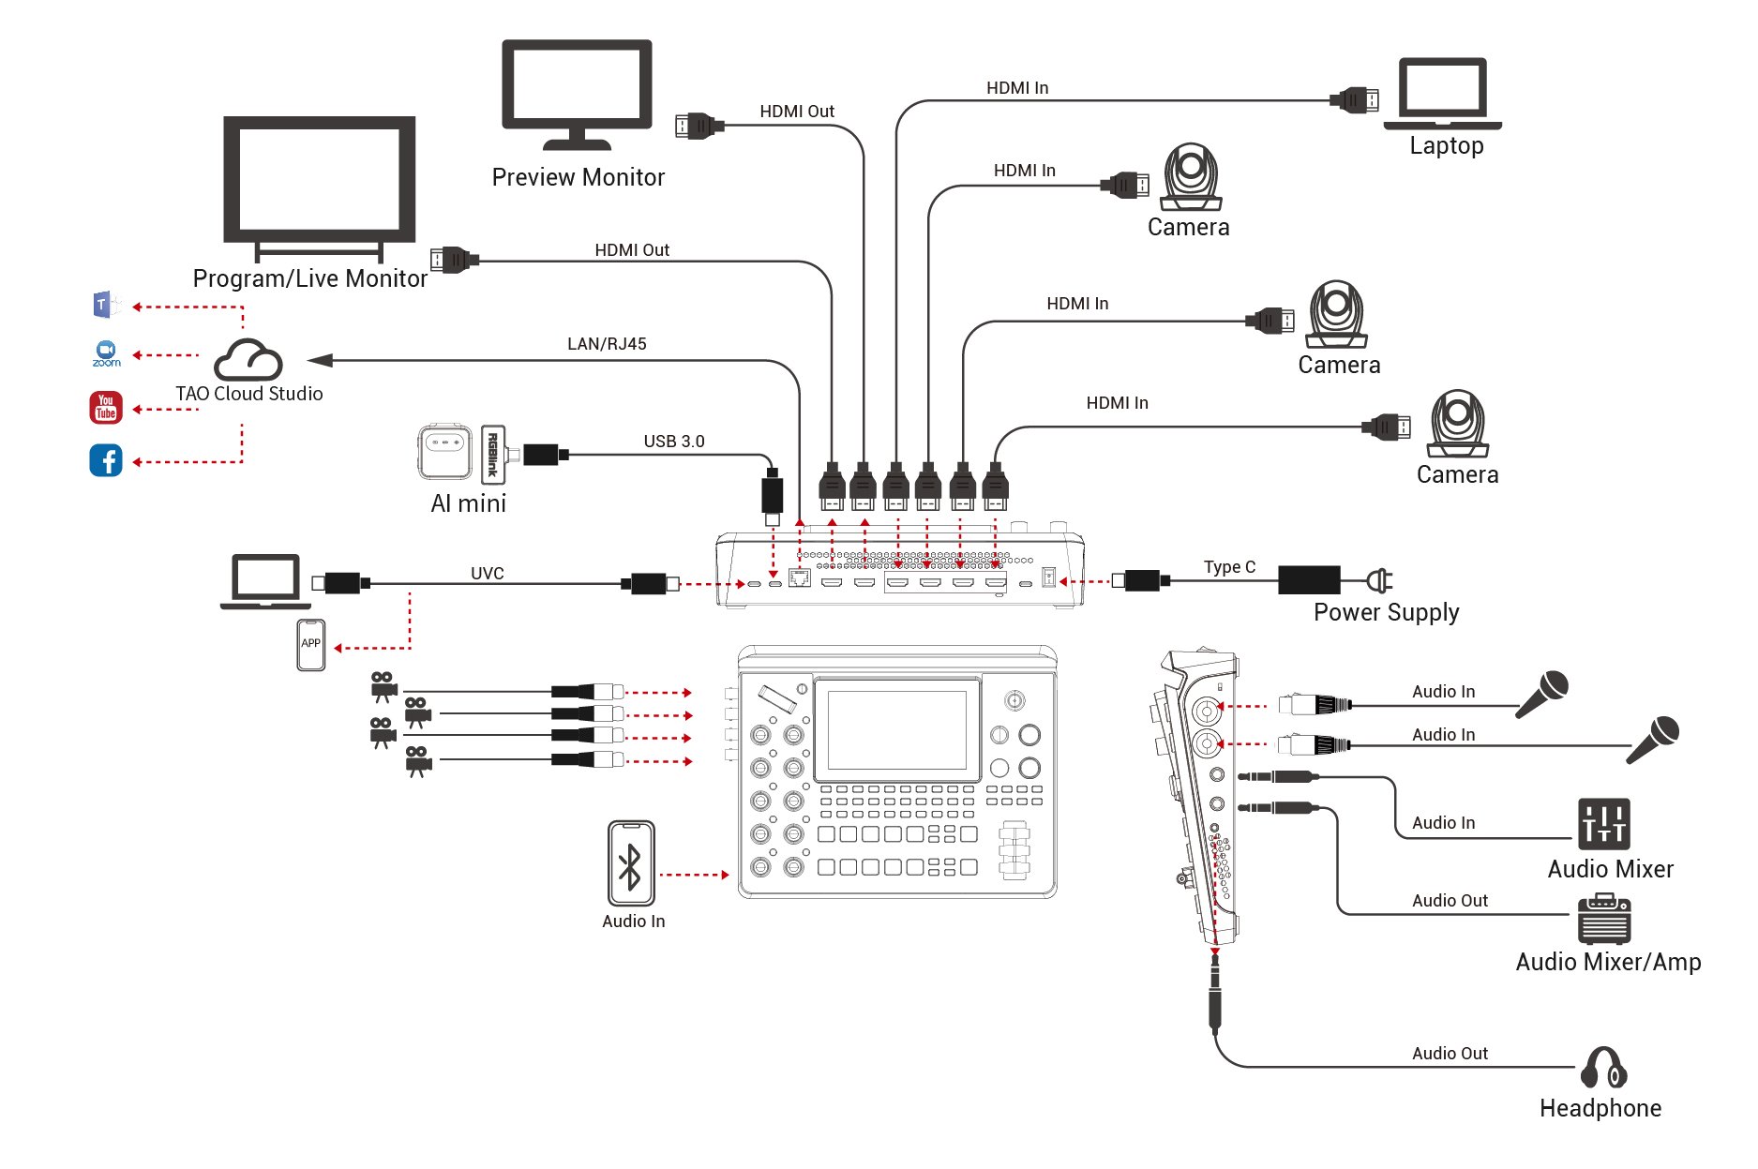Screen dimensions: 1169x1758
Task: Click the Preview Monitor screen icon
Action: (577, 92)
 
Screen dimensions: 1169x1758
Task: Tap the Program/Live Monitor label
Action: (309, 278)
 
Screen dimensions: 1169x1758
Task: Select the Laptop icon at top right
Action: (1442, 94)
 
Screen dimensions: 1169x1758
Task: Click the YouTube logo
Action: (106, 408)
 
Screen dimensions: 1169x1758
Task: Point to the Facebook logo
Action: (106, 460)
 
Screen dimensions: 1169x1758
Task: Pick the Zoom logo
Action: (106, 353)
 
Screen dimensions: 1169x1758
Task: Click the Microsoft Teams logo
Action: (105, 305)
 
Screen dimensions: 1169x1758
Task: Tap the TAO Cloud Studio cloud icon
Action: (248, 360)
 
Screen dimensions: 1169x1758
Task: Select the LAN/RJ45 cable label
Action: (607, 344)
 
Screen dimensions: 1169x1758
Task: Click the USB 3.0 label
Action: (673, 442)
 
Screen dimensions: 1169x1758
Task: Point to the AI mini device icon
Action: (444, 453)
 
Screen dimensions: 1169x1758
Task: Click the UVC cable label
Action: (487, 573)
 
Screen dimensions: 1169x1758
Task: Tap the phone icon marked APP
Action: (310, 645)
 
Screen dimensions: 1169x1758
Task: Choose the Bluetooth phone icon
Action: (631, 863)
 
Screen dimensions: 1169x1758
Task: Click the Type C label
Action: (1229, 567)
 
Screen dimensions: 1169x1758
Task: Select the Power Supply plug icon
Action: (1379, 580)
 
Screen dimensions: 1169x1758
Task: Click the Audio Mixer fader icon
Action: (1603, 824)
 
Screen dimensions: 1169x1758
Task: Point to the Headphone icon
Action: (1603, 1069)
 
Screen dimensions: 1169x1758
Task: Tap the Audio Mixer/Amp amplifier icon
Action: (1603, 919)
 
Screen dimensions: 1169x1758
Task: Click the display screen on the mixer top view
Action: (896, 730)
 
